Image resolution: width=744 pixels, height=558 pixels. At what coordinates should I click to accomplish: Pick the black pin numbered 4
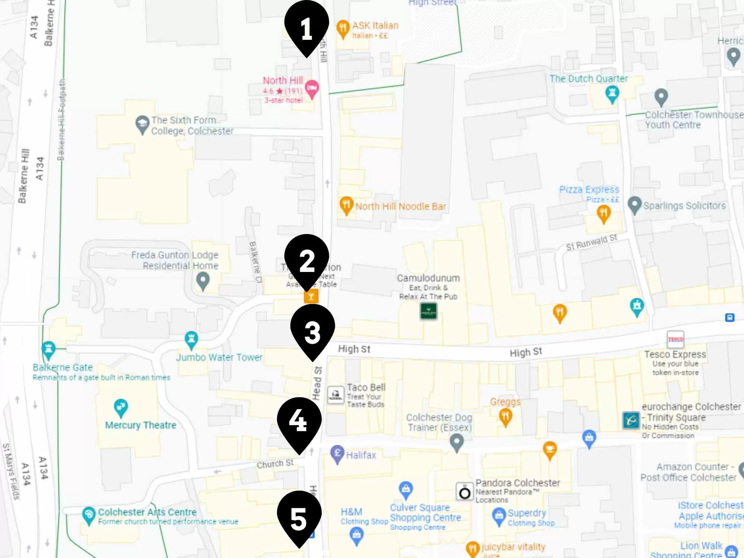pyautogui.click(x=299, y=420)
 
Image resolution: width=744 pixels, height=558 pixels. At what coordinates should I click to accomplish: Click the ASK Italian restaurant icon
pyautogui.click(x=343, y=28)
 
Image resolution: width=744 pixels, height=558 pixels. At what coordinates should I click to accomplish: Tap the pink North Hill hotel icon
pyautogui.click(x=312, y=89)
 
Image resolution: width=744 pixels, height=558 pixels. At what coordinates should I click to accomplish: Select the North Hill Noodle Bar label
pyautogui.click(x=400, y=206)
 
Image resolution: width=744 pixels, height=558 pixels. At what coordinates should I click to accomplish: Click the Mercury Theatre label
pyautogui.click(x=141, y=425)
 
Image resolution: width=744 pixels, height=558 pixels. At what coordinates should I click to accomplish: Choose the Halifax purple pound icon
pyautogui.click(x=337, y=453)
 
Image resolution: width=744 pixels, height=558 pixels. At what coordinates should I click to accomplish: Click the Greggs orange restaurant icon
pyautogui.click(x=505, y=416)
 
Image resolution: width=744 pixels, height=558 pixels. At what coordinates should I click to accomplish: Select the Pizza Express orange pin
pyautogui.click(x=603, y=214)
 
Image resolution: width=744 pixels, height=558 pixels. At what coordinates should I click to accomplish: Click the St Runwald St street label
pyautogui.click(x=591, y=242)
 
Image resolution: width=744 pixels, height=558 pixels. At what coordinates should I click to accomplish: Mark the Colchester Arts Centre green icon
pyautogui.click(x=89, y=515)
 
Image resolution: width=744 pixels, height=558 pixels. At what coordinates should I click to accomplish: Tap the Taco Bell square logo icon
pyautogui.click(x=336, y=395)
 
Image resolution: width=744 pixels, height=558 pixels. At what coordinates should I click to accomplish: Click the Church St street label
pyautogui.click(x=275, y=464)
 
